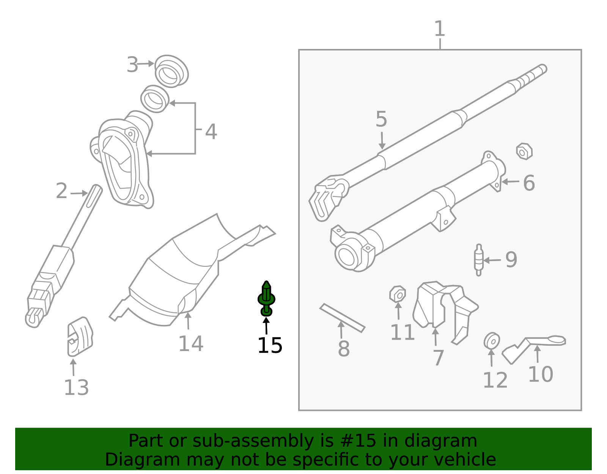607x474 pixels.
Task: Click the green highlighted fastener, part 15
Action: pyautogui.click(x=266, y=299)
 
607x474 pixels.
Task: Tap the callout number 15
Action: pyautogui.click(x=269, y=346)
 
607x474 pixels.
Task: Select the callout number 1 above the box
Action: pyautogui.click(x=439, y=29)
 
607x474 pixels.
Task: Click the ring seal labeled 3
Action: pyautogui.click(x=171, y=71)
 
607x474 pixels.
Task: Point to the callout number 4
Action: pyautogui.click(x=211, y=132)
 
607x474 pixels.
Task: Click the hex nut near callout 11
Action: pyautogui.click(x=398, y=294)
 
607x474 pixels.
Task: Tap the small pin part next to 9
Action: pyautogui.click(x=479, y=260)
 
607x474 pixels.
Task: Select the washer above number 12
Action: pyautogui.click(x=492, y=341)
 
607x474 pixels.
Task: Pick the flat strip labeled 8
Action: pyautogui.click(x=342, y=318)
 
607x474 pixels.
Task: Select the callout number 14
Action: pyautogui.click(x=191, y=344)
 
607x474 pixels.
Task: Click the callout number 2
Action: pyautogui.click(x=61, y=191)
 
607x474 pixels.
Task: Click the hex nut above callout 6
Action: pyautogui.click(x=524, y=151)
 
